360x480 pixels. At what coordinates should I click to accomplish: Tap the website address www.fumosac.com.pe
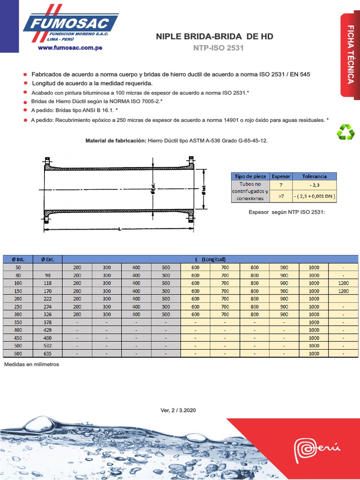tap(70, 48)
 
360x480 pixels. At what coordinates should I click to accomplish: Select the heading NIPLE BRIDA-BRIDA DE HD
tap(214, 37)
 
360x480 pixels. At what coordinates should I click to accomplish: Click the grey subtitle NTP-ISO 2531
tap(218, 48)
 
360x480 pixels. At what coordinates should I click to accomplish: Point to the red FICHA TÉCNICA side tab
tap(350, 55)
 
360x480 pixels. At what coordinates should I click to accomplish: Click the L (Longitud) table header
tap(210, 259)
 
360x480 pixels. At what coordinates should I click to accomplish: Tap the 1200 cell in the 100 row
tap(343, 283)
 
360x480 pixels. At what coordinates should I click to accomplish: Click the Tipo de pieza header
tap(250, 176)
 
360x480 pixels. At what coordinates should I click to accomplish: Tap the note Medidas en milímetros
tap(31, 364)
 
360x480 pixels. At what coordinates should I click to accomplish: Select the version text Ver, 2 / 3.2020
tap(178, 410)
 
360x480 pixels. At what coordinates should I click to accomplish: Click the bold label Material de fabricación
tap(115, 141)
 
